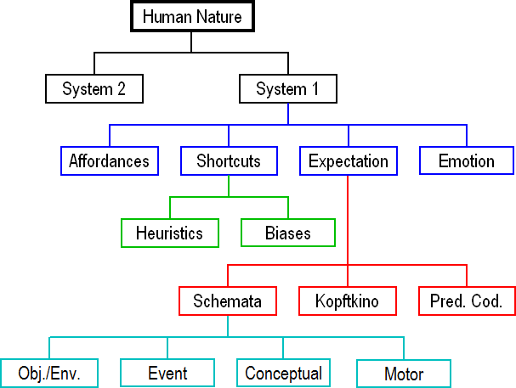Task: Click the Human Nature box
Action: click(192, 16)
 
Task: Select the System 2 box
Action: click(94, 88)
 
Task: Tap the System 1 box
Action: click(288, 88)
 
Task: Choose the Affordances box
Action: click(110, 161)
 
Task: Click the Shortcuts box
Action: click(229, 161)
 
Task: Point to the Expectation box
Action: click(349, 161)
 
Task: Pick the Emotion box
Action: click(467, 160)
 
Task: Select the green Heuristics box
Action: click(170, 233)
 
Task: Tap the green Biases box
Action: click(288, 233)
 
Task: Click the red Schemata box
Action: click(228, 301)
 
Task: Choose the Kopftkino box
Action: click(348, 301)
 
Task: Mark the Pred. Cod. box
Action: click(467, 301)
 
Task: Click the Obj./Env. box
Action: click(49, 374)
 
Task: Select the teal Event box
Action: click(167, 373)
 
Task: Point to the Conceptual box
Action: click(283, 373)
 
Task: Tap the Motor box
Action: click(404, 374)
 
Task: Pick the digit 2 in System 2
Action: click(122, 88)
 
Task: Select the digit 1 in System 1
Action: click(315, 88)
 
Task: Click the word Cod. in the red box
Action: click(486, 301)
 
